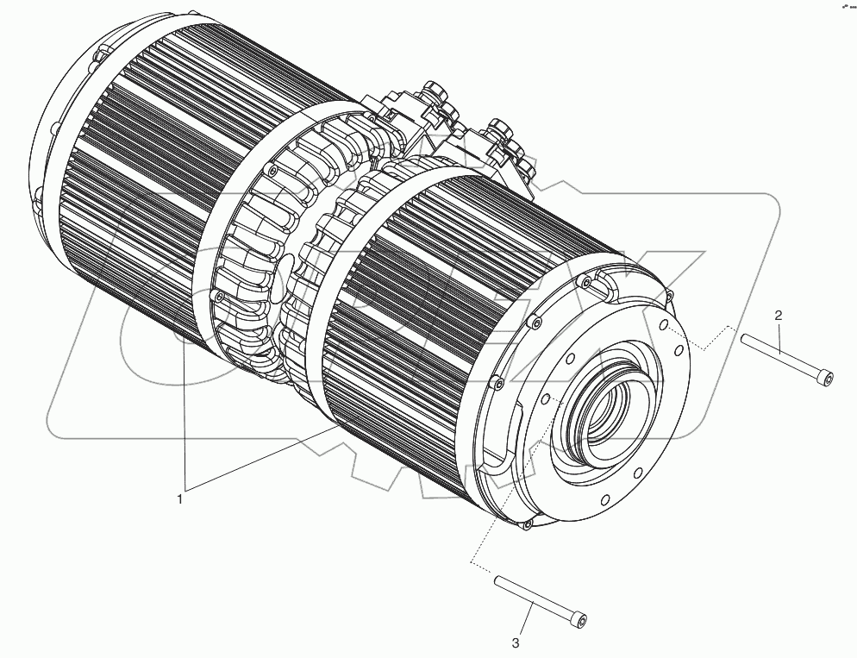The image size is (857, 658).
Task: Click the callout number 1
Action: coord(180,498)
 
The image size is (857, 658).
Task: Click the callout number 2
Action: coord(778,316)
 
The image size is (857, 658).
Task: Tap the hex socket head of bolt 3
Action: coord(583,621)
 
